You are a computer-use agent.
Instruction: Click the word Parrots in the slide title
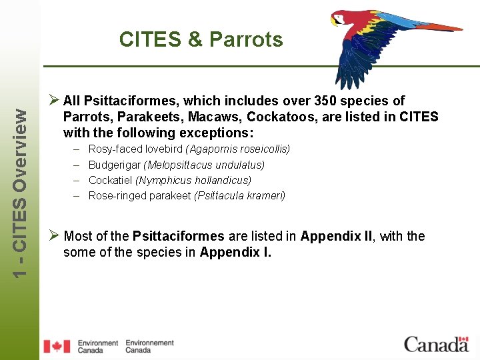tap(246, 40)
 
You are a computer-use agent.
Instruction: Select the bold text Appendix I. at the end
tap(235, 252)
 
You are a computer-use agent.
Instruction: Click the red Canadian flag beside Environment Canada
tap(57, 346)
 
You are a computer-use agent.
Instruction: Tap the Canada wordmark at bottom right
tap(437, 344)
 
